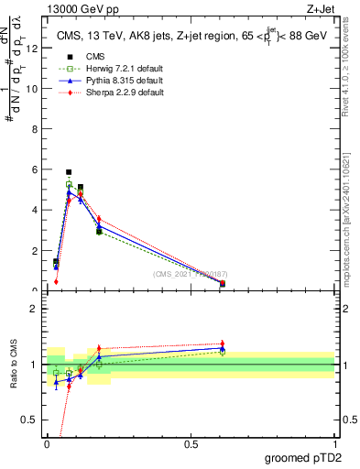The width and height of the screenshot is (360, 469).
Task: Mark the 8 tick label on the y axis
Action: pos(35,129)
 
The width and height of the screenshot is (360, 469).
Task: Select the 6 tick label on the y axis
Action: pos(35,169)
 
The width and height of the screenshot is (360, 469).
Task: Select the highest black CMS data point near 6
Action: pos(69,172)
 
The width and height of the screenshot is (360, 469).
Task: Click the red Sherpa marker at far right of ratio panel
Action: pos(223,344)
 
